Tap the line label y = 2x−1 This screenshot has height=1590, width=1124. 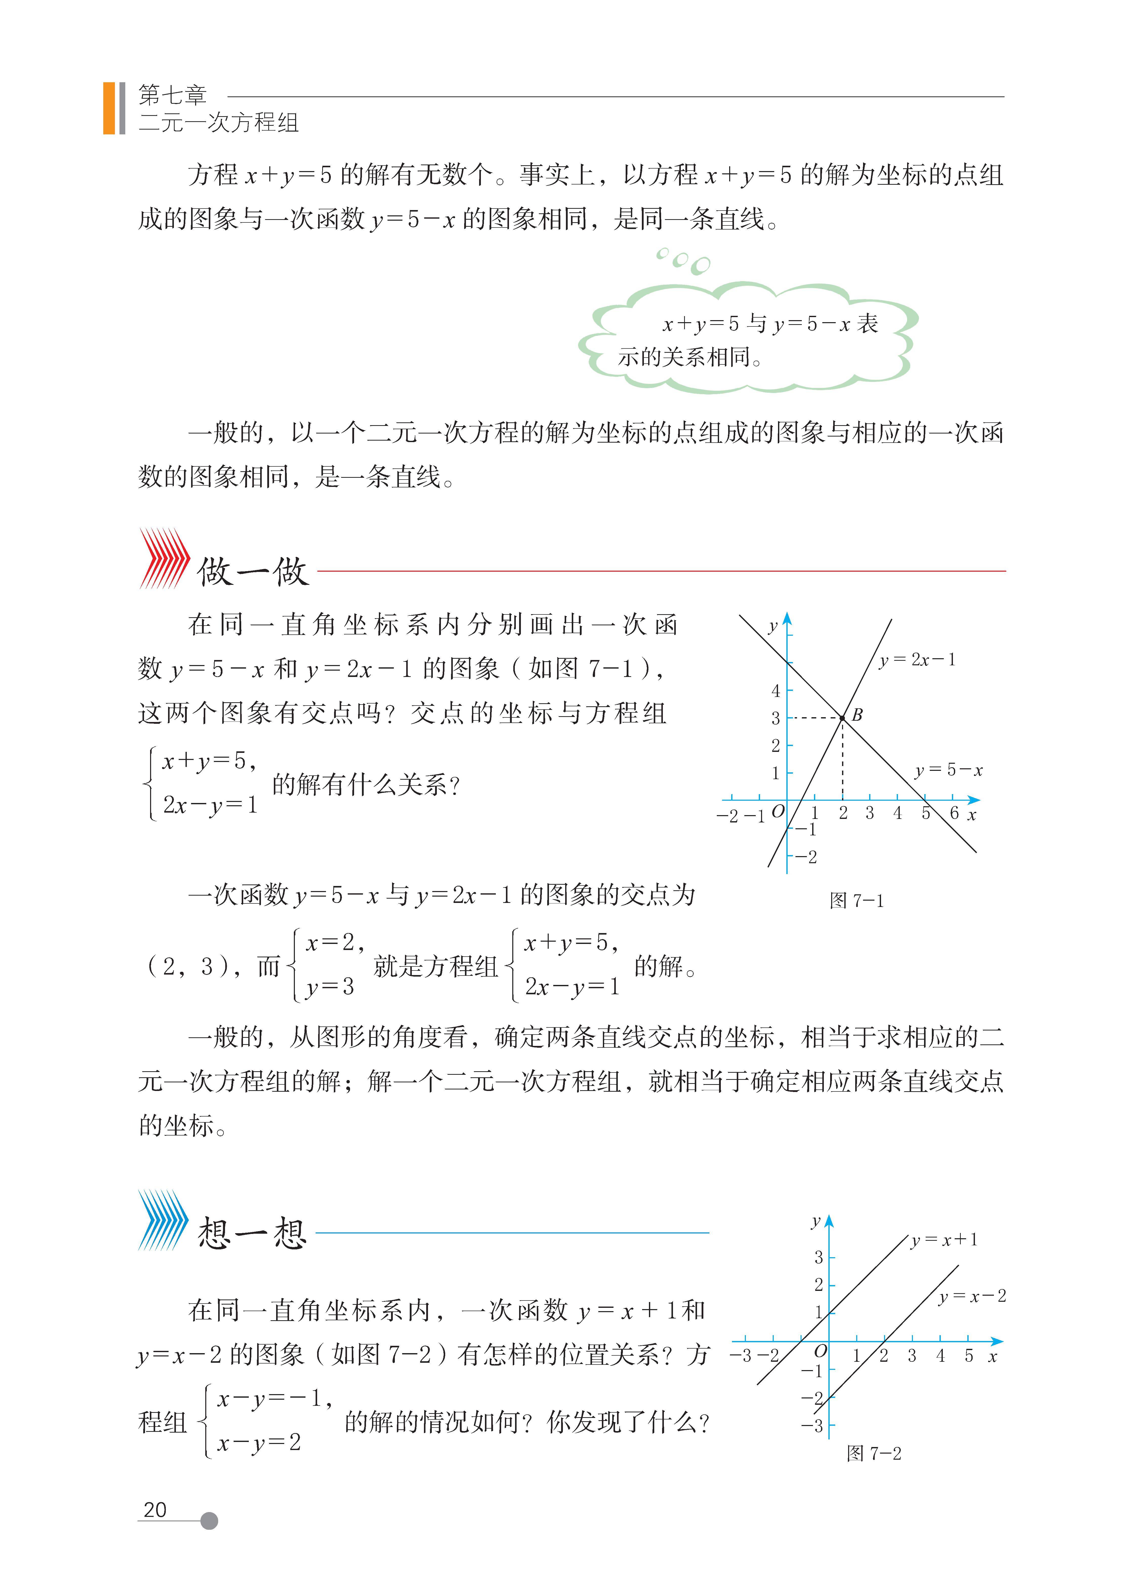click(917, 660)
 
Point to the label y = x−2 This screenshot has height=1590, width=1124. click(972, 1296)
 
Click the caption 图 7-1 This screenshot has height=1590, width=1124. click(857, 901)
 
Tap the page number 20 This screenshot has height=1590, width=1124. click(155, 1510)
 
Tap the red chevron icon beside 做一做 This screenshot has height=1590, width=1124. click(164, 558)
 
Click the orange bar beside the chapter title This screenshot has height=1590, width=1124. click(109, 108)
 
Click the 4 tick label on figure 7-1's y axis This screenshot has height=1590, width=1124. click(776, 690)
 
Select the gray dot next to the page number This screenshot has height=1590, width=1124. click(209, 1521)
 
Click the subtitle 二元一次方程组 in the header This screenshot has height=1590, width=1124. click(218, 122)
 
